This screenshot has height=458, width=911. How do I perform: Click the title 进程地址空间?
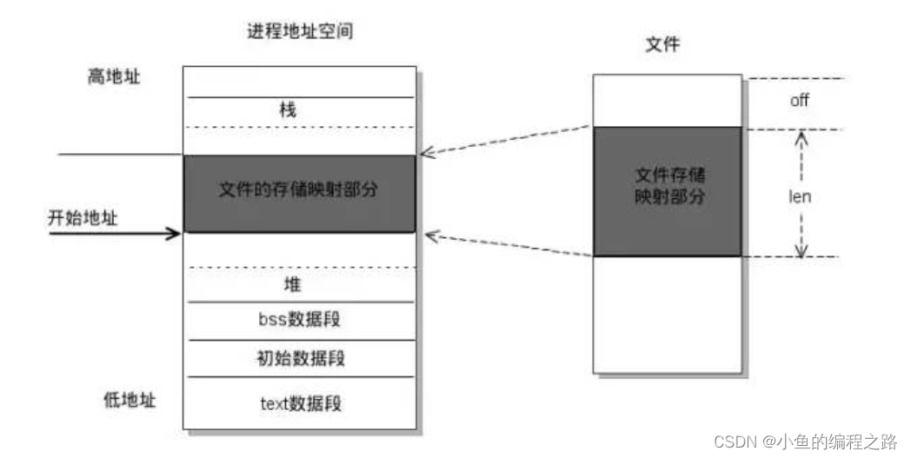pyautogui.click(x=300, y=30)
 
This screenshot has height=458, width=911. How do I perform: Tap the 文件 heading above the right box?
pyautogui.click(x=662, y=44)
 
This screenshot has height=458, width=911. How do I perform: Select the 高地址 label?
pyautogui.click(x=114, y=76)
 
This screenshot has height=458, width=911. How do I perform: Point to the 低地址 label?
pyautogui.click(x=130, y=400)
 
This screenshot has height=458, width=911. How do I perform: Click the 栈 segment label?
pyautogui.click(x=288, y=110)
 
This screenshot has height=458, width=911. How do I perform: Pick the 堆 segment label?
pyautogui.click(x=292, y=284)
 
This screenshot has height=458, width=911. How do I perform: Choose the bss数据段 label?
pyautogui.click(x=299, y=319)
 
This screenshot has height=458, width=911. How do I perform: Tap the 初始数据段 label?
pyautogui.click(x=301, y=357)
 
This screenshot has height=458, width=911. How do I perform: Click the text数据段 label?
pyautogui.click(x=301, y=403)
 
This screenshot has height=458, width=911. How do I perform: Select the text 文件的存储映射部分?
pyautogui.click(x=298, y=189)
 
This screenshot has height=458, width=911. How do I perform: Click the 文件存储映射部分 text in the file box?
pyautogui.click(x=670, y=186)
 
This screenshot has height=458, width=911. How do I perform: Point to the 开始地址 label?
pyautogui.click(x=83, y=218)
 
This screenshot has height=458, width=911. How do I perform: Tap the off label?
pyautogui.click(x=799, y=100)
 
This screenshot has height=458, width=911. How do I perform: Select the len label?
pyautogui.click(x=800, y=196)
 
